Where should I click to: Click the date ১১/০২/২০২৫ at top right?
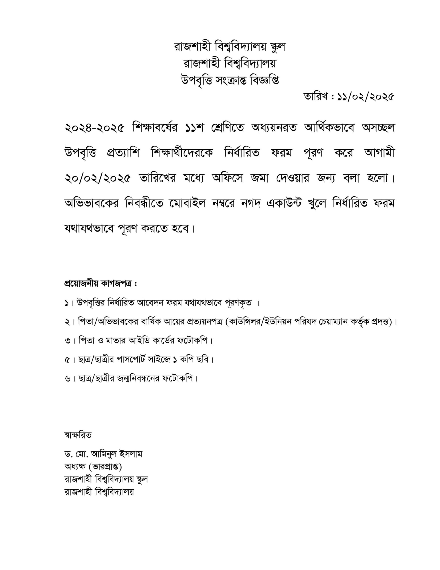(365, 97)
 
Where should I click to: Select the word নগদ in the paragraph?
(251, 204)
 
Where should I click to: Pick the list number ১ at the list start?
(67, 303)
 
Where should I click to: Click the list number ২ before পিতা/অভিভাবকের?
(67, 322)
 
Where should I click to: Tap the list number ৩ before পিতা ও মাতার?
(67, 341)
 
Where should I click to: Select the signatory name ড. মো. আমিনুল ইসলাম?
(103, 454)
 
